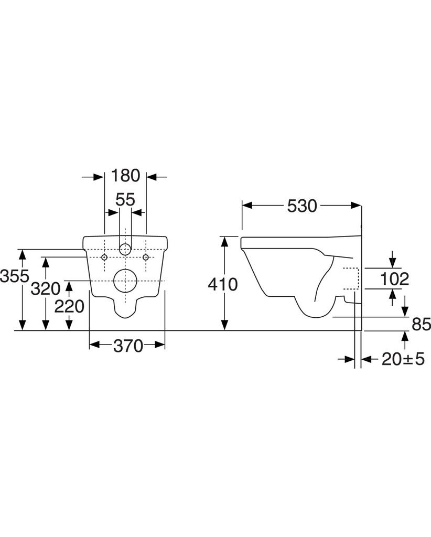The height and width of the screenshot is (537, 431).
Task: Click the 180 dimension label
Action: tap(125, 176)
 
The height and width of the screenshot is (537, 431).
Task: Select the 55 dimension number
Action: tap(125, 199)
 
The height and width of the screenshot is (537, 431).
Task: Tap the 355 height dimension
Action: tap(14, 276)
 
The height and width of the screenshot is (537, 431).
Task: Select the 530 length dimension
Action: tap(302, 206)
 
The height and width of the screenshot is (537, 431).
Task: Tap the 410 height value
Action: tap(223, 284)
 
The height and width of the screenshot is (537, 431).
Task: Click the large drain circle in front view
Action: tap(125, 282)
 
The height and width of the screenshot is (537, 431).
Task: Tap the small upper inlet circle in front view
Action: tap(125, 249)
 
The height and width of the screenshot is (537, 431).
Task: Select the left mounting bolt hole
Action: tap(105, 257)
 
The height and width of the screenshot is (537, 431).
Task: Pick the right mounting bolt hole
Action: tap(146, 257)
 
